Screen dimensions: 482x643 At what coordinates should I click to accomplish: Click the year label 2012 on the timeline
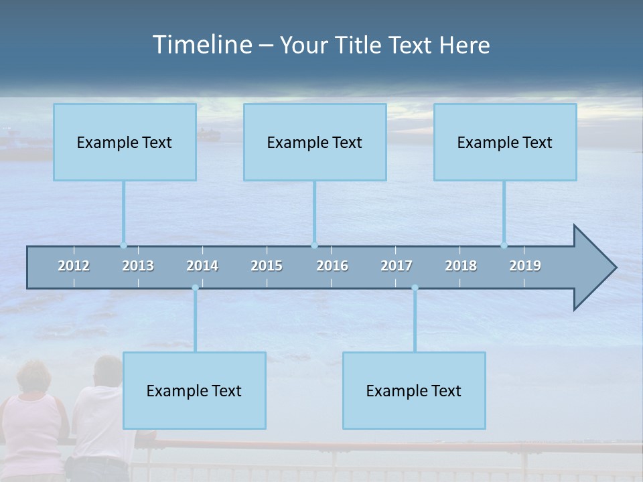click(74, 266)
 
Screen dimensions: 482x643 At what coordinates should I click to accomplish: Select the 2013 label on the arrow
click(138, 266)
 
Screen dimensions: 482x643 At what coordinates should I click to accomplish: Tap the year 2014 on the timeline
click(202, 266)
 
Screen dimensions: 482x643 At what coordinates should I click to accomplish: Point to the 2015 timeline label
click(267, 266)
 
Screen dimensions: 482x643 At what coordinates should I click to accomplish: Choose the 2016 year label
click(332, 266)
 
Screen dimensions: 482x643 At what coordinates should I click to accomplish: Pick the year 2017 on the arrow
click(397, 266)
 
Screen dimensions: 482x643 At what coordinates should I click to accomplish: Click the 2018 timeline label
click(461, 266)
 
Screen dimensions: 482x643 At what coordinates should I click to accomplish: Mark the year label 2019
click(525, 266)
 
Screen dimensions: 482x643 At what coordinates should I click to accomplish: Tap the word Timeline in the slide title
click(202, 45)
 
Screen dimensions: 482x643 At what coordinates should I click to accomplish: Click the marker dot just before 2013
click(123, 245)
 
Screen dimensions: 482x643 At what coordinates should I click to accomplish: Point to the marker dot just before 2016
click(314, 245)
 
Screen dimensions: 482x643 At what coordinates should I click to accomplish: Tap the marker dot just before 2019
click(504, 245)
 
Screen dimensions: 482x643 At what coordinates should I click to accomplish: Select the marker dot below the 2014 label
click(195, 288)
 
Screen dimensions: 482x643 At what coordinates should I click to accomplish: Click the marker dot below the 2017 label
click(415, 288)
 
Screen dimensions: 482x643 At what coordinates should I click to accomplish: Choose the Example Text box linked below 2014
click(194, 390)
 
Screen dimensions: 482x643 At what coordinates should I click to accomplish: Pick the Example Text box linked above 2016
click(315, 142)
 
